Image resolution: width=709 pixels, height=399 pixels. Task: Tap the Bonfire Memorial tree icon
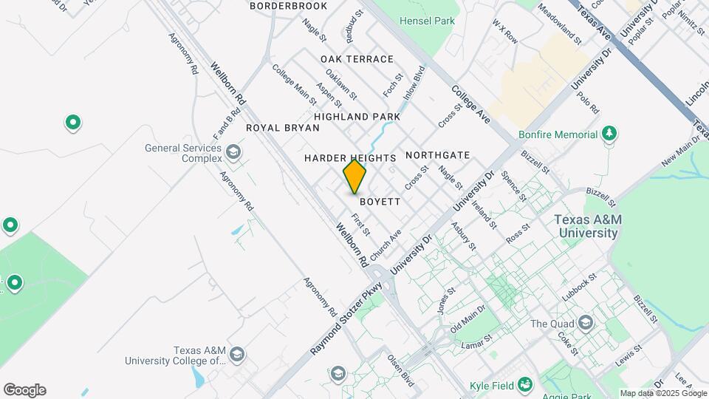point(609,134)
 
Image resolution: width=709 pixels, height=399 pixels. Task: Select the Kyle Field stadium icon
point(525,384)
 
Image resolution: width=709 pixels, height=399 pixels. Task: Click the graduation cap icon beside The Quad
point(586,323)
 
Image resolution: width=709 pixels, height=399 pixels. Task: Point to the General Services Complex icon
point(233,153)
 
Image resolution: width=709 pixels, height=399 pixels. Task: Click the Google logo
point(24,390)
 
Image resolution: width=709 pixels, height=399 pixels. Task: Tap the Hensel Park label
point(427,21)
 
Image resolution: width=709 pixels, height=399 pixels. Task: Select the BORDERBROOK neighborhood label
point(288,6)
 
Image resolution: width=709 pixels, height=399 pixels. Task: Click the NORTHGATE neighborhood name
point(437,155)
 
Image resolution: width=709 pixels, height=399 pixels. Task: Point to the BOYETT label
point(380,201)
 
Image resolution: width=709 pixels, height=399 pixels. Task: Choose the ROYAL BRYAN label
point(283,128)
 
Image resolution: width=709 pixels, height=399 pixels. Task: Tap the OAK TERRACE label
point(357,59)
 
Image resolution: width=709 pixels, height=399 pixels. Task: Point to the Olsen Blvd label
point(401,369)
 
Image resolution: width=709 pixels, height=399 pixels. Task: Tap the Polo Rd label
point(588,103)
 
